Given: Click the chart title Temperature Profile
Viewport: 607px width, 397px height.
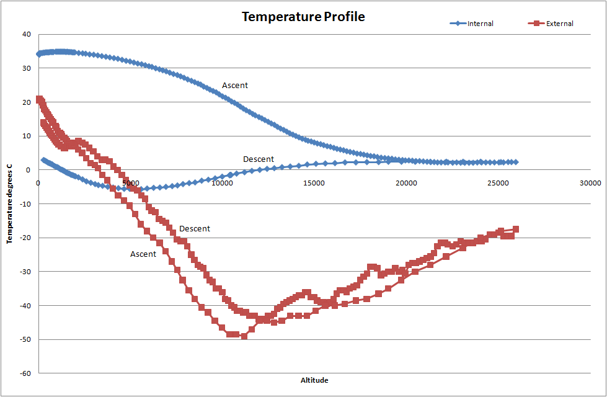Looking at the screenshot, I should coord(303,17).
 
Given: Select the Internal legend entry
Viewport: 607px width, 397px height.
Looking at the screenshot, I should coord(481,24).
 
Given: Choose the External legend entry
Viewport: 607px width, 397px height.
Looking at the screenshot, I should coord(559,24).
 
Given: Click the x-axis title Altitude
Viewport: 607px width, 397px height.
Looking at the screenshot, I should coord(314,380).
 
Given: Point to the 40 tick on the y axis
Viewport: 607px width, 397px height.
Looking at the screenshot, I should coord(27,35).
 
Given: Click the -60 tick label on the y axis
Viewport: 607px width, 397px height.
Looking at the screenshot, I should coord(25,373).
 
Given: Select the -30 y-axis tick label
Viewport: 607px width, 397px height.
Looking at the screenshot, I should coord(25,272).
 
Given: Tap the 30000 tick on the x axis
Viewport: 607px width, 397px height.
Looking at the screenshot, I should coord(590,183).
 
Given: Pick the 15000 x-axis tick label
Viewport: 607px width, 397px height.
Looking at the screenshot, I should coord(314,183).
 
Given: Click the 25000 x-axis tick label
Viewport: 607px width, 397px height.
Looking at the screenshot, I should coord(498,183).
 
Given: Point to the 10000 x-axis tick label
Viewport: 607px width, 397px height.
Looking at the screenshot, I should coord(223,183).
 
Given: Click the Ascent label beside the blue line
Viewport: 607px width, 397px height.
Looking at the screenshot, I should coord(235,86).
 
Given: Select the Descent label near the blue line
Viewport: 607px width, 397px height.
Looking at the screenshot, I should coord(259,159).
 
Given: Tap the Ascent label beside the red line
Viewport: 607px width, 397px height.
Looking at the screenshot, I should coord(143,254).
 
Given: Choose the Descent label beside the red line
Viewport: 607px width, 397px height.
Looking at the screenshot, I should coord(195,229).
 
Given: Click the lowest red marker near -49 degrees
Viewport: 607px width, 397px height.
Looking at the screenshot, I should coord(244,336).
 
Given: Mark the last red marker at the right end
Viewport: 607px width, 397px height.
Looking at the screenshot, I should coord(516,229).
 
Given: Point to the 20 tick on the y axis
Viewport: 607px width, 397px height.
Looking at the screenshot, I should coord(27,102).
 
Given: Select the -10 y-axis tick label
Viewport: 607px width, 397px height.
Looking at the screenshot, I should coord(25,204).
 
